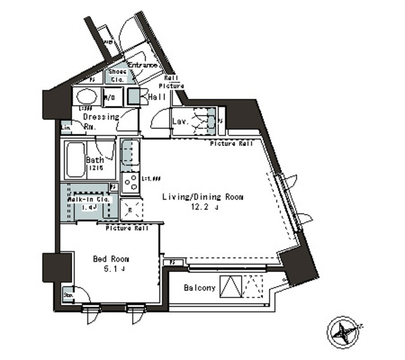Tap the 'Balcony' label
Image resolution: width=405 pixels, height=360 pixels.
[199, 288]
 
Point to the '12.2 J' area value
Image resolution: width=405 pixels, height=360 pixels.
[202, 207]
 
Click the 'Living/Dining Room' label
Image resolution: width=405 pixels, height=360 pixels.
[202, 197]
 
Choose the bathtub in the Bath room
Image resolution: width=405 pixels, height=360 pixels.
[74, 160]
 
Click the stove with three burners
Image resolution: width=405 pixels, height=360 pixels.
[130, 183]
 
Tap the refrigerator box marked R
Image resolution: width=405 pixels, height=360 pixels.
[130, 208]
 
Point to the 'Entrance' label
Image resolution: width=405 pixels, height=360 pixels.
[142, 65]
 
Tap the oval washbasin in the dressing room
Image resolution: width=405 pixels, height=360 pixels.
[86, 97]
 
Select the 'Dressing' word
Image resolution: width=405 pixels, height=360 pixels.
[101, 117]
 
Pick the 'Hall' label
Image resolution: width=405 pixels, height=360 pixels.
[156, 97]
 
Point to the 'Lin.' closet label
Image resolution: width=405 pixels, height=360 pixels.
[66, 127]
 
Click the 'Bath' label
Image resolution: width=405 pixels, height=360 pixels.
[95, 159]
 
